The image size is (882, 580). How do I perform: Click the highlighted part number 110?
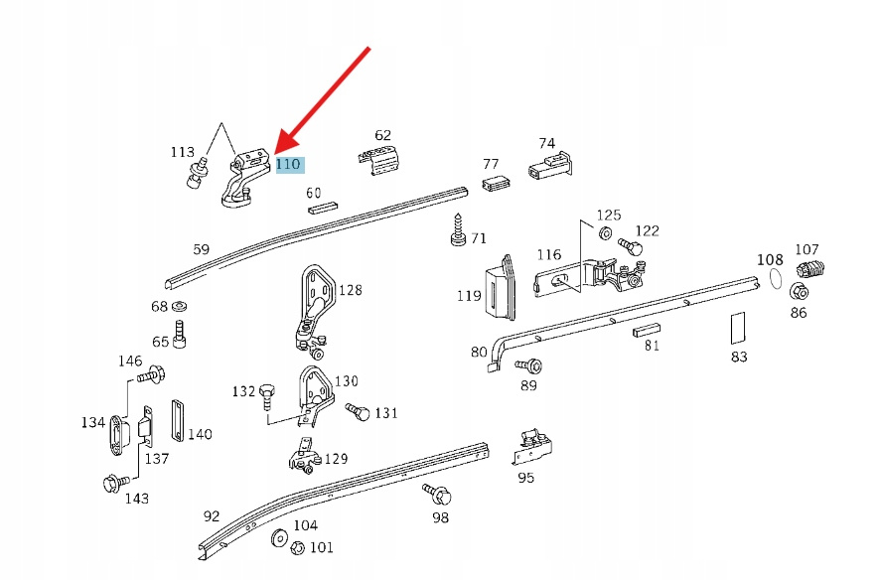point(288,165)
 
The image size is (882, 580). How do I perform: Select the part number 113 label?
point(182,152)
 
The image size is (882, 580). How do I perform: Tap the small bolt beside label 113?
point(198,176)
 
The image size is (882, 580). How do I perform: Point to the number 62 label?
point(383,135)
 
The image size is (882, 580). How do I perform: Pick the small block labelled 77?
point(496,183)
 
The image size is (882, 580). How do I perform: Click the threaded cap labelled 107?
point(811,269)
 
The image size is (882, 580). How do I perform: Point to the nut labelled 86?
point(798,292)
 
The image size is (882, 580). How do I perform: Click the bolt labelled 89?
point(530,366)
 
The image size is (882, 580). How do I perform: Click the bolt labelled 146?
point(153,375)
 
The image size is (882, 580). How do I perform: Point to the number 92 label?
point(212,515)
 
